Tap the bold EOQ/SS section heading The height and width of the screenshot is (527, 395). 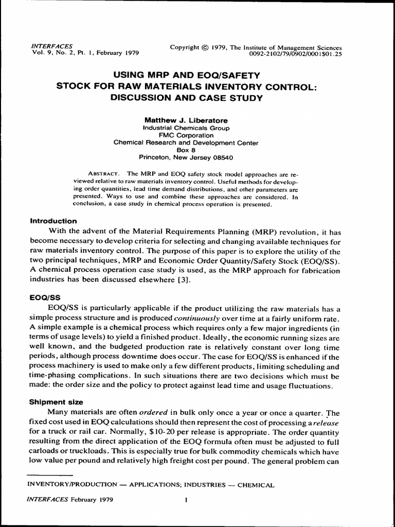(x=45, y=297)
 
